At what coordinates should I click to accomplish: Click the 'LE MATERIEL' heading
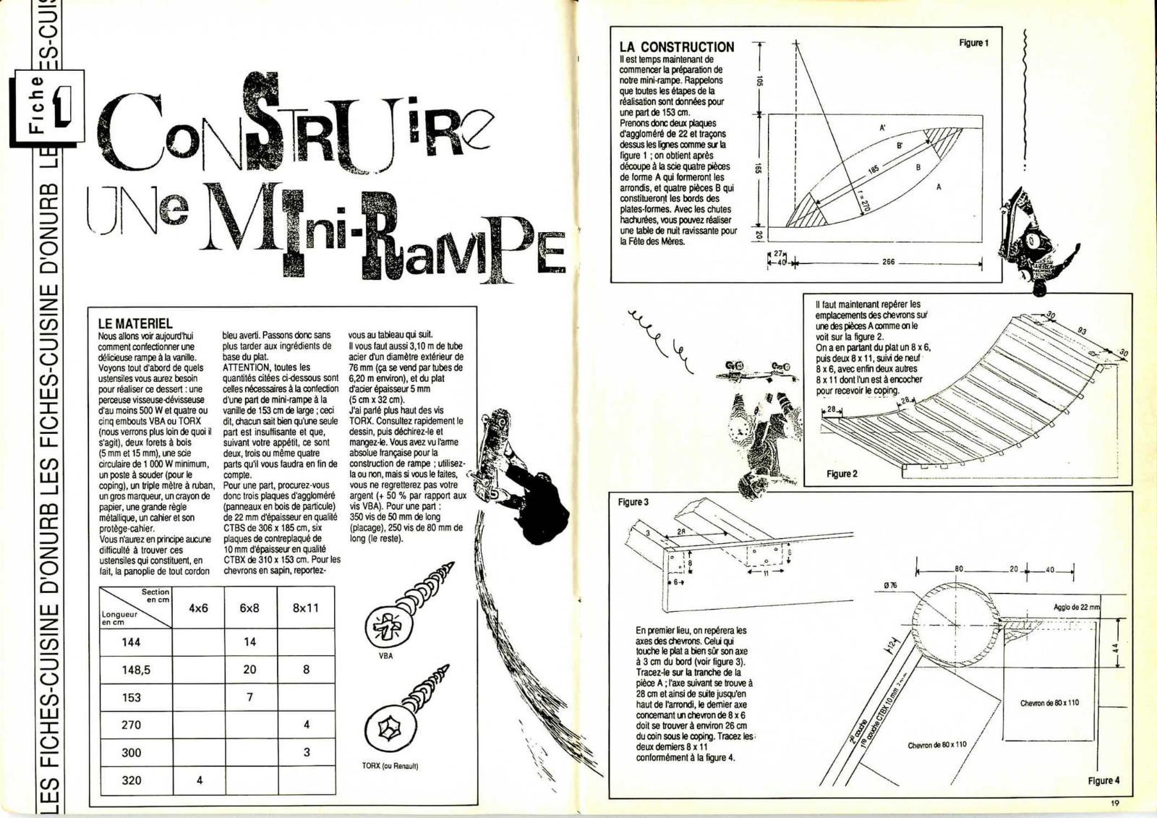(x=135, y=323)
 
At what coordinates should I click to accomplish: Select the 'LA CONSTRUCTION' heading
(x=676, y=47)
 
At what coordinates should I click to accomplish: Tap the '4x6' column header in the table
(x=198, y=608)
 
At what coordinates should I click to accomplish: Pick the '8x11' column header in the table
(x=306, y=608)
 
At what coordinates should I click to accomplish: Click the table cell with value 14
(x=249, y=642)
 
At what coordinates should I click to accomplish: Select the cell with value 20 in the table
(x=249, y=670)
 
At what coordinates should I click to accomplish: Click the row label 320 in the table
(x=131, y=780)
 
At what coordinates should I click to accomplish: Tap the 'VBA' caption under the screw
(x=385, y=656)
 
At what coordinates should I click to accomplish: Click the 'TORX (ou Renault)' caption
(x=390, y=766)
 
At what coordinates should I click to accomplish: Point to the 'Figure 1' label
(x=973, y=43)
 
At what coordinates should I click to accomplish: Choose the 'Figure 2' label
(x=842, y=474)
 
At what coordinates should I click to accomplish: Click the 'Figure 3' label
(x=633, y=502)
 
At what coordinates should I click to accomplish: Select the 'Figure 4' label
(x=1103, y=780)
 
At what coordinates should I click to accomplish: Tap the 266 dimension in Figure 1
(x=889, y=263)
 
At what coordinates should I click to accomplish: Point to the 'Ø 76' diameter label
(x=890, y=585)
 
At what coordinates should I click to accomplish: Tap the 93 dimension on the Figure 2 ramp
(x=1082, y=331)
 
